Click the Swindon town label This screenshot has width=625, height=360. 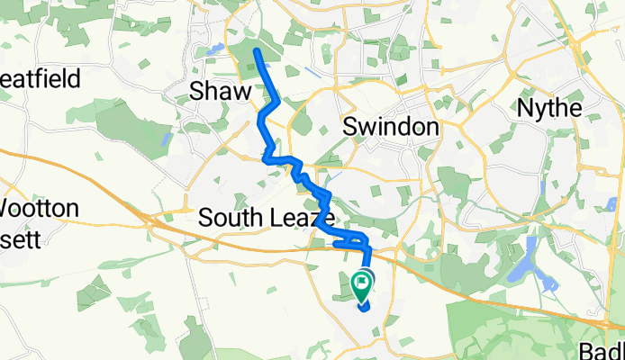[392, 127]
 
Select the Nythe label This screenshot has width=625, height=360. [548, 108]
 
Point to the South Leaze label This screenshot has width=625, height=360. [266, 218]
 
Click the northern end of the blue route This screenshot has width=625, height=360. [257, 51]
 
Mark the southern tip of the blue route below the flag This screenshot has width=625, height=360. [365, 308]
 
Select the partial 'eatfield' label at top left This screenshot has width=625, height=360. [41, 78]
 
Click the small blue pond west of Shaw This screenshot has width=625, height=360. [165, 140]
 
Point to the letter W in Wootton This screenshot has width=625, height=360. [7, 209]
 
